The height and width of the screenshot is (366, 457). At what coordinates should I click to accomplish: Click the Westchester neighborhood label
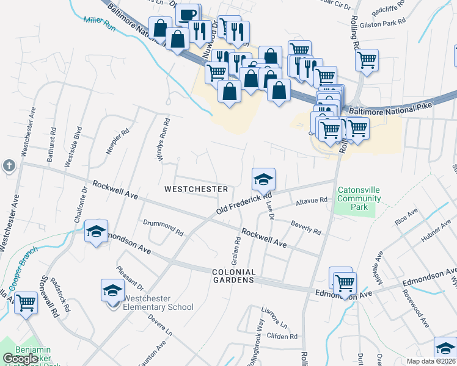point(196,189)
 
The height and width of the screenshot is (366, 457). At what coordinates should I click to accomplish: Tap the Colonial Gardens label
point(233,276)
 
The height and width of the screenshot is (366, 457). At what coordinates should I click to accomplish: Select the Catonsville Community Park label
point(359,199)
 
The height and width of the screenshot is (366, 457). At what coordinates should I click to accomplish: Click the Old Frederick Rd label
point(243,204)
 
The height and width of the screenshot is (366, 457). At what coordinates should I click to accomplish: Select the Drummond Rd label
point(163,228)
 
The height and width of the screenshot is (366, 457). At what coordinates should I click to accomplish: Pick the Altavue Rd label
point(312,200)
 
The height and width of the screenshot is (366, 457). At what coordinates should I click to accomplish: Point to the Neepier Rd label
point(116,140)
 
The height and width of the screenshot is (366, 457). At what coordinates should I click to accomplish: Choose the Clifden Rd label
point(282,336)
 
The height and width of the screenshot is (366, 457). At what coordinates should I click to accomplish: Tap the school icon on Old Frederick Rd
point(263,178)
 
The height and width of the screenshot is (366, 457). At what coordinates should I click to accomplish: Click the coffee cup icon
point(188,14)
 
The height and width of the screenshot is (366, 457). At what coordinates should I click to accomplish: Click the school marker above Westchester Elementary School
point(112,290)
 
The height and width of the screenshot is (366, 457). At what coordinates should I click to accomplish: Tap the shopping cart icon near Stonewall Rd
point(26,303)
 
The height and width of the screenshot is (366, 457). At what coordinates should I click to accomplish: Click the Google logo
point(21,359)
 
